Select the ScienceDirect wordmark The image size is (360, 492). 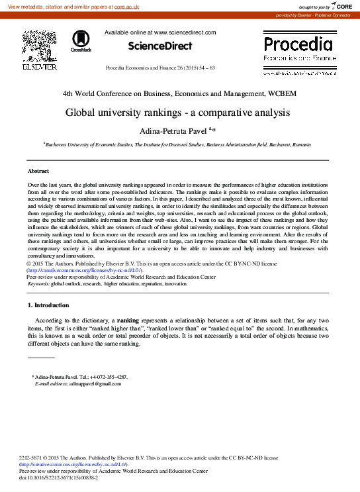[159, 46]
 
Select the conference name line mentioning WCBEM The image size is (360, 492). [179, 93]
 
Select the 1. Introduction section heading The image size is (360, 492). [48, 305]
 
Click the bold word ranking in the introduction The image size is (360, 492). [138, 320]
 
